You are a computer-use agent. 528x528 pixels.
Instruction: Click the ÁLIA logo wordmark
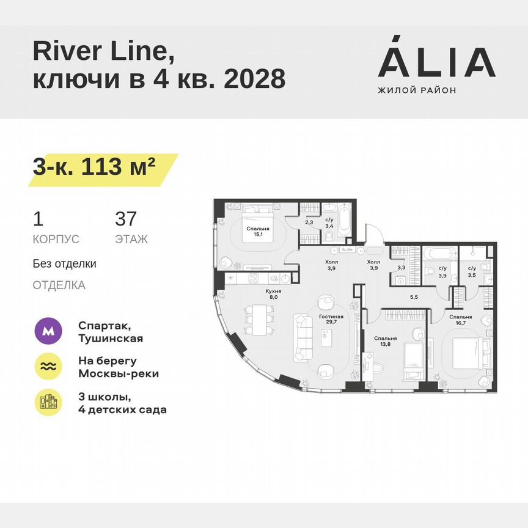(x=436, y=62)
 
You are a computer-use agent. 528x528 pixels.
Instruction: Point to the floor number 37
(x=126, y=219)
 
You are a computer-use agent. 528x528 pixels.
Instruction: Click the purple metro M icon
(x=48, y=331)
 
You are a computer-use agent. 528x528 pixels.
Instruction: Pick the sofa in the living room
(x=304, y=337)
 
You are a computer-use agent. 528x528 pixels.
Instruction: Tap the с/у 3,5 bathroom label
(x=472, y=271)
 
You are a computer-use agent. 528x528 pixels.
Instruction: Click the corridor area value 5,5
(x=413, y=297)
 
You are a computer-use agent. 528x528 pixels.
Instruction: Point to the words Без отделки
(x=64, y=264)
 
